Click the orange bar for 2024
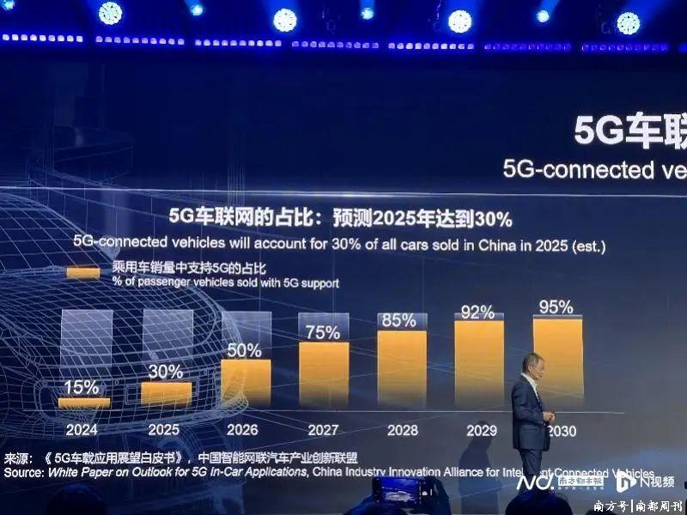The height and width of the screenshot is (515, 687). pyautogui.click(x=84, y=402)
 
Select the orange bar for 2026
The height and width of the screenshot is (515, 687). pyautogui.click(x=246, y=382)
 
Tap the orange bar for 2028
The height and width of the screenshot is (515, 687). pyautogui.click(x=402, y=368)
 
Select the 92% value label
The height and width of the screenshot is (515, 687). pyautogui.click(x=477, y=312)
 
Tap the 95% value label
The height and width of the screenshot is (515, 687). pyautogui.click(x=556, y=307)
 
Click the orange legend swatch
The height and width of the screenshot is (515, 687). pyautogui.click(x=84, y=273)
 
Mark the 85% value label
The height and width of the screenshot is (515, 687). pyautogui.click(x=399, y=321)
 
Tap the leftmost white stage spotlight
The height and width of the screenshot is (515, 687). pyautogui.click(x=110, y=13)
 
